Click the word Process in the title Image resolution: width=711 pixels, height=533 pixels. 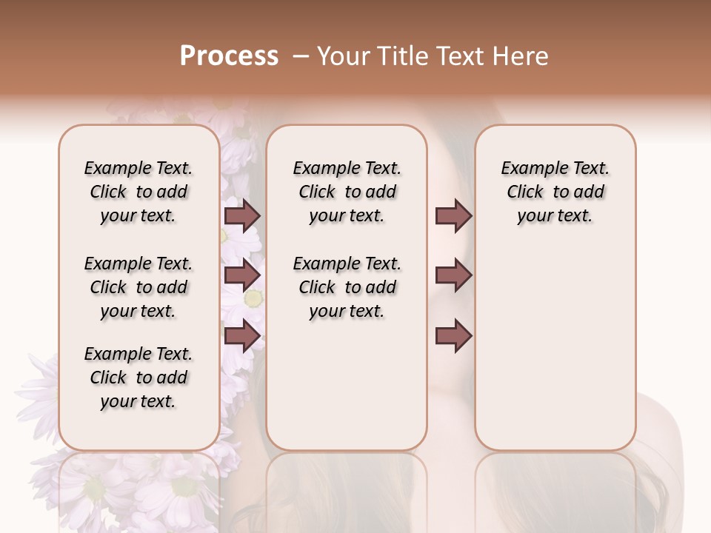(x=229, y=56)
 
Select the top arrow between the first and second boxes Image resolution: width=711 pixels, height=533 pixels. (x=242, y=215)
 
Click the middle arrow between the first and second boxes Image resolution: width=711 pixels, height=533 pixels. (x=242, y=275)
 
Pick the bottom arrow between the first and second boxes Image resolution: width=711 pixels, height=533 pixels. (x=242, y=335)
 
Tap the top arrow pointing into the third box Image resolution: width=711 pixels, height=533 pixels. (x=453, y=215)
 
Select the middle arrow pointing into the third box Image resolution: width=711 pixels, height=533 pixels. (x=453, y=275)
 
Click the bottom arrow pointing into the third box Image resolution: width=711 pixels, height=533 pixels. (x=453, y=335)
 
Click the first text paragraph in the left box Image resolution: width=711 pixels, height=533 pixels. (x=138, y=192)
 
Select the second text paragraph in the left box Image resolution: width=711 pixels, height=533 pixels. (x=138, y=287)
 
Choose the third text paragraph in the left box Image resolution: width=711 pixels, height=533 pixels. (x=138, y=378)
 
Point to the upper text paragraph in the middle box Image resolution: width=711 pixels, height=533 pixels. (x=347, y=192)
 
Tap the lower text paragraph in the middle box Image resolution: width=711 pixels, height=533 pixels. (x=347, y=287)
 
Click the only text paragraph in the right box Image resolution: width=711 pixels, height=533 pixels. (x=555, y=192)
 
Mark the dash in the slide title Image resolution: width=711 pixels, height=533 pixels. (x=300, y=56)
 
